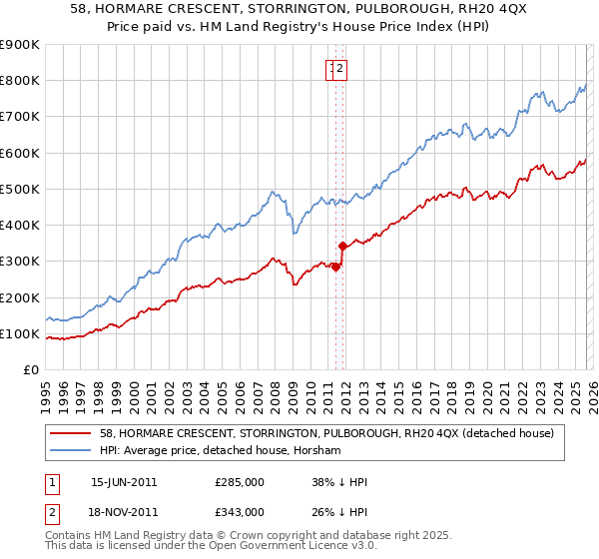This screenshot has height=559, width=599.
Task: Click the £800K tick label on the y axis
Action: tap(20, 81)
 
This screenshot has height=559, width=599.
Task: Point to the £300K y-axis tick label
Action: tap(20, 262)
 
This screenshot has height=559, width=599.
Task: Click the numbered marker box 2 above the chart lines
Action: tap(340, 69)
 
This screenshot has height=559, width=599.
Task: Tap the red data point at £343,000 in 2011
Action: tap(342, 246)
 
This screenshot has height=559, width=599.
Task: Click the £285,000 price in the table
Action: tap(240, 482)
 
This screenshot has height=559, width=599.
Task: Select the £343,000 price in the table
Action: tap(240, 512)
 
